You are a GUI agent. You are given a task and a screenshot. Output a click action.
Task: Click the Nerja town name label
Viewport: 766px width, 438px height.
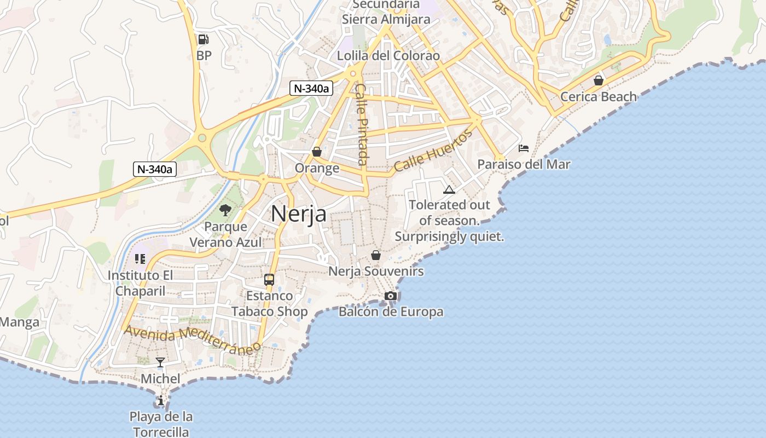tap(299, 214)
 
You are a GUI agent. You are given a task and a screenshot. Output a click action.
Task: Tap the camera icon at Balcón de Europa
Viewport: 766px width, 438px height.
tap(390, 296)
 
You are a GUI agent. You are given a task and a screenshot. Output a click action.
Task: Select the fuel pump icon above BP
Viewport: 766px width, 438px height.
tap(203, 39)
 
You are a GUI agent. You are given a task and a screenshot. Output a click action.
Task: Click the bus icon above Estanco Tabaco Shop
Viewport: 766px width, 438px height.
tap(269, 279)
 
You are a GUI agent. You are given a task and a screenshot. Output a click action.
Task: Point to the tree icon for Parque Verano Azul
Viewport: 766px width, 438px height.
tap(225, 210)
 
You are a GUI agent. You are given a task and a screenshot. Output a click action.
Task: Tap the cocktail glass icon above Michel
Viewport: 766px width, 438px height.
tap(160, 362)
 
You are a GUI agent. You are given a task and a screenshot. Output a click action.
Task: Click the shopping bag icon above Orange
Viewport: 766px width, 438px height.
tap(316, 152)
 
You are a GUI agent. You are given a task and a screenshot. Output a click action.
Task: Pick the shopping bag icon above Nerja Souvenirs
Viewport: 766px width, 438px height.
tap(375, 255)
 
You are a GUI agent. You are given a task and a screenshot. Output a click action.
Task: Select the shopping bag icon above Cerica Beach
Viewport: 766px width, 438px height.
tap(599, 80)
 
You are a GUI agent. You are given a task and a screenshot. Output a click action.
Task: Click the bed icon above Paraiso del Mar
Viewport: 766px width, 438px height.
tap(524, 148)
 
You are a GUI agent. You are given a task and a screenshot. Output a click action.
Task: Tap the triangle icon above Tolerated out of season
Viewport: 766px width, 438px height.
tap(449, 190)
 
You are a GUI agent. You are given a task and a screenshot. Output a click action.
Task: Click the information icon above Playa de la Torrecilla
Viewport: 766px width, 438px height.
tap(160, 401)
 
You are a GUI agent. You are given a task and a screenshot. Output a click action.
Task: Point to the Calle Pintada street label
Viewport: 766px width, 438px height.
tap(361, 124)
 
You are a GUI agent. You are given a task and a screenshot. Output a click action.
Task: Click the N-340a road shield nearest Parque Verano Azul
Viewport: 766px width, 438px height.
tap(154, 169)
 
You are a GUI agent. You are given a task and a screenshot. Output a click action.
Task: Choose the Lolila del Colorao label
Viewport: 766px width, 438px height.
tap(388, 56)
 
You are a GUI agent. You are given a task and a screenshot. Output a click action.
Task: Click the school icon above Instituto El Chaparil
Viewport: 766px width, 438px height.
tap(140, 259)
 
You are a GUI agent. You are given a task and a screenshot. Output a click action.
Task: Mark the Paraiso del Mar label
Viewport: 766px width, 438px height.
tap(524, 164)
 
